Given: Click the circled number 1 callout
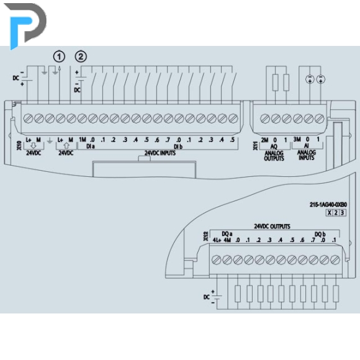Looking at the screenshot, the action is pyautogui.click(x=59, y=56).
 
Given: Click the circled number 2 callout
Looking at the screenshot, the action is pyautogui.click(x=81, y=56).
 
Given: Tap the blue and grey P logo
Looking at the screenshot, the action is pyautogui.click(x=25, y=25).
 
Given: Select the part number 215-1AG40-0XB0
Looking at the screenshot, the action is pyautogui.click(x=328, y=204).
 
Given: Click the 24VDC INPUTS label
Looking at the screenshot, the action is pyautogui.click(x=160, y=153).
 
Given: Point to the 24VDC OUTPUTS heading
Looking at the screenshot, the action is pyautogui.click(x=272, y=227).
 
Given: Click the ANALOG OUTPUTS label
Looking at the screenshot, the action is pyautogui.click(x=274, y=156).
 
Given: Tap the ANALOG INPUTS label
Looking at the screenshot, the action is pyautogui.click(x=306, y=155).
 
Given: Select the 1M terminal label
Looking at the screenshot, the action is pyautogui.click(x=83, y=140).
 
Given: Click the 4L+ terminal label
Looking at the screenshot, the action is pyautogui.click(x=217, y=240).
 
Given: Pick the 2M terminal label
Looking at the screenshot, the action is pyautogui.click(x=264, y=140).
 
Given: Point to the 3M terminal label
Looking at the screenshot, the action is pyautogui.click(x=297, y=139).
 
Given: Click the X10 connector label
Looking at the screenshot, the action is pyautogui.click(x=19, y=146).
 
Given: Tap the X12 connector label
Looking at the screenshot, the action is pyautogui.click(x=206, y=236).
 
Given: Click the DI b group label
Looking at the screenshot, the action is pyautogui.click(x=178, y=146).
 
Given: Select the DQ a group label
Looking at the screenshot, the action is pyautogui.click(x=227, y=234).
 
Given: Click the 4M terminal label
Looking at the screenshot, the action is pyautogui.click(x=227, y=240).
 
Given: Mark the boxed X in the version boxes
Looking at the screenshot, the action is pyautogui.click(x=329, y=213).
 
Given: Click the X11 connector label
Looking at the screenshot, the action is pyautogui.click(x=255, y=146).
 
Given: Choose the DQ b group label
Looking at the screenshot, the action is pyautogui.click(x=320, y=234).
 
